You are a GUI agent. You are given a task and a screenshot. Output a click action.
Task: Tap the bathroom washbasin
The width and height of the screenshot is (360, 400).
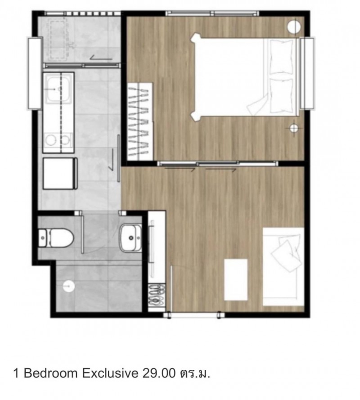pyautogui.click(x=131, y=238)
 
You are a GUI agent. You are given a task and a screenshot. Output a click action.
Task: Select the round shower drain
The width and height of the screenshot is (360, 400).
pyautogui.click(x=69, y=286)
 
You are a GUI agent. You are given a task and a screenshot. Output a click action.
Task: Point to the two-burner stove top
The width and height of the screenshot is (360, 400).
pyautogui.click(x=58, y=140)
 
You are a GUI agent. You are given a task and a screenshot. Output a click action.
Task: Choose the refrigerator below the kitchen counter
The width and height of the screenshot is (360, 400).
pyautogui.click(x=60, y=174)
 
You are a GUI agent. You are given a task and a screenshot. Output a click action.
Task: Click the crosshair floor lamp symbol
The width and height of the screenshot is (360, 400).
pyautogui.click(x=294, y=128)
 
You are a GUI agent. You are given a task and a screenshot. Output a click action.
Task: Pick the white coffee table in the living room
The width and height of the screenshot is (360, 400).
pyautogui.click(x=236, y=279)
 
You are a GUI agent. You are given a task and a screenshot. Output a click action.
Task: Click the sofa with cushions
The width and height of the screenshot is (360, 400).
pyautogui.click(x=283, y=266)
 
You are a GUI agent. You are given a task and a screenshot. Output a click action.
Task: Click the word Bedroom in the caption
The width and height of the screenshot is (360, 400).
pyautogui.click(x=51, y=373)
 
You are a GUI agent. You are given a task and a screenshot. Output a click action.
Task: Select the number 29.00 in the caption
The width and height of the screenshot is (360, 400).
pyautogui.click(x=159, y=373)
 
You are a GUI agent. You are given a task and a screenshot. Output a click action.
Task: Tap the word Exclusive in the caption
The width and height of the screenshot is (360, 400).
pyautogui.click(x=110, y=373)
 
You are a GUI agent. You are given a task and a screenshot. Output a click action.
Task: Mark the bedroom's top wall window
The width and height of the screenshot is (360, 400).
pyautogui.click(x=212, y=13)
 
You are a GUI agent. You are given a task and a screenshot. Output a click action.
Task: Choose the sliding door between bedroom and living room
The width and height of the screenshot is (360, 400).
pyautogui.click(x=218, y=163)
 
